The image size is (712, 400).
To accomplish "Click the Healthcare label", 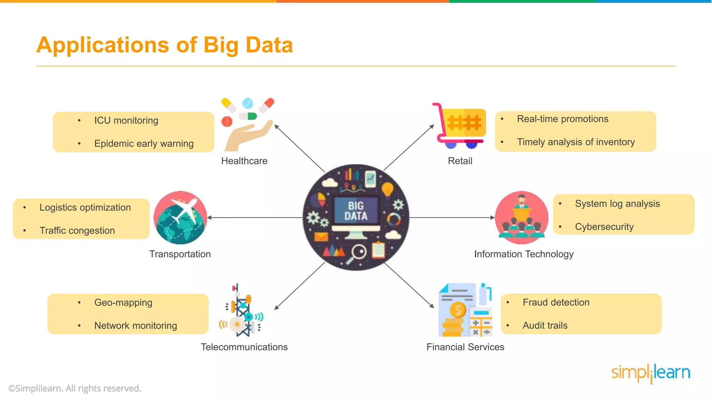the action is click(x=244, y=161).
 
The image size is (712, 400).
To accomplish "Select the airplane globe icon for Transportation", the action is click(x=180, y=218).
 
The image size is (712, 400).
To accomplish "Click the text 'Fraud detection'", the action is click(x=556, y=302).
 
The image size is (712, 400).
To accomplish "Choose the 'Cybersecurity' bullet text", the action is click(x=604, y=227).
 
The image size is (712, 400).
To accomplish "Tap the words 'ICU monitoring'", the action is click(x=126, y=120).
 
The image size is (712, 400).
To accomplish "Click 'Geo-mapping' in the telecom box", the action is click(x=123, y=302).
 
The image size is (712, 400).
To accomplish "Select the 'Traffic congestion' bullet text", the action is click(x=77, y=231).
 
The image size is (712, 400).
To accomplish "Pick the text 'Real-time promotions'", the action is click(x=563, y=119).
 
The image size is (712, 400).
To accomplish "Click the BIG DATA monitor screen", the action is click(x=356, y=210).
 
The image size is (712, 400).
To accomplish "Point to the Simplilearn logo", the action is click(x=650, y=373).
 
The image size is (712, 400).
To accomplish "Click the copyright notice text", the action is click(x=75, y=388).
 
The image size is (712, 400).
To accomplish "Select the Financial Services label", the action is click(x=465, y=347).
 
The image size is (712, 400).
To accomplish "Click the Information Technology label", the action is click(x=524, y=254).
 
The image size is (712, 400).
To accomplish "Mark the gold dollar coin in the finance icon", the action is click(x=458, y=309).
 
